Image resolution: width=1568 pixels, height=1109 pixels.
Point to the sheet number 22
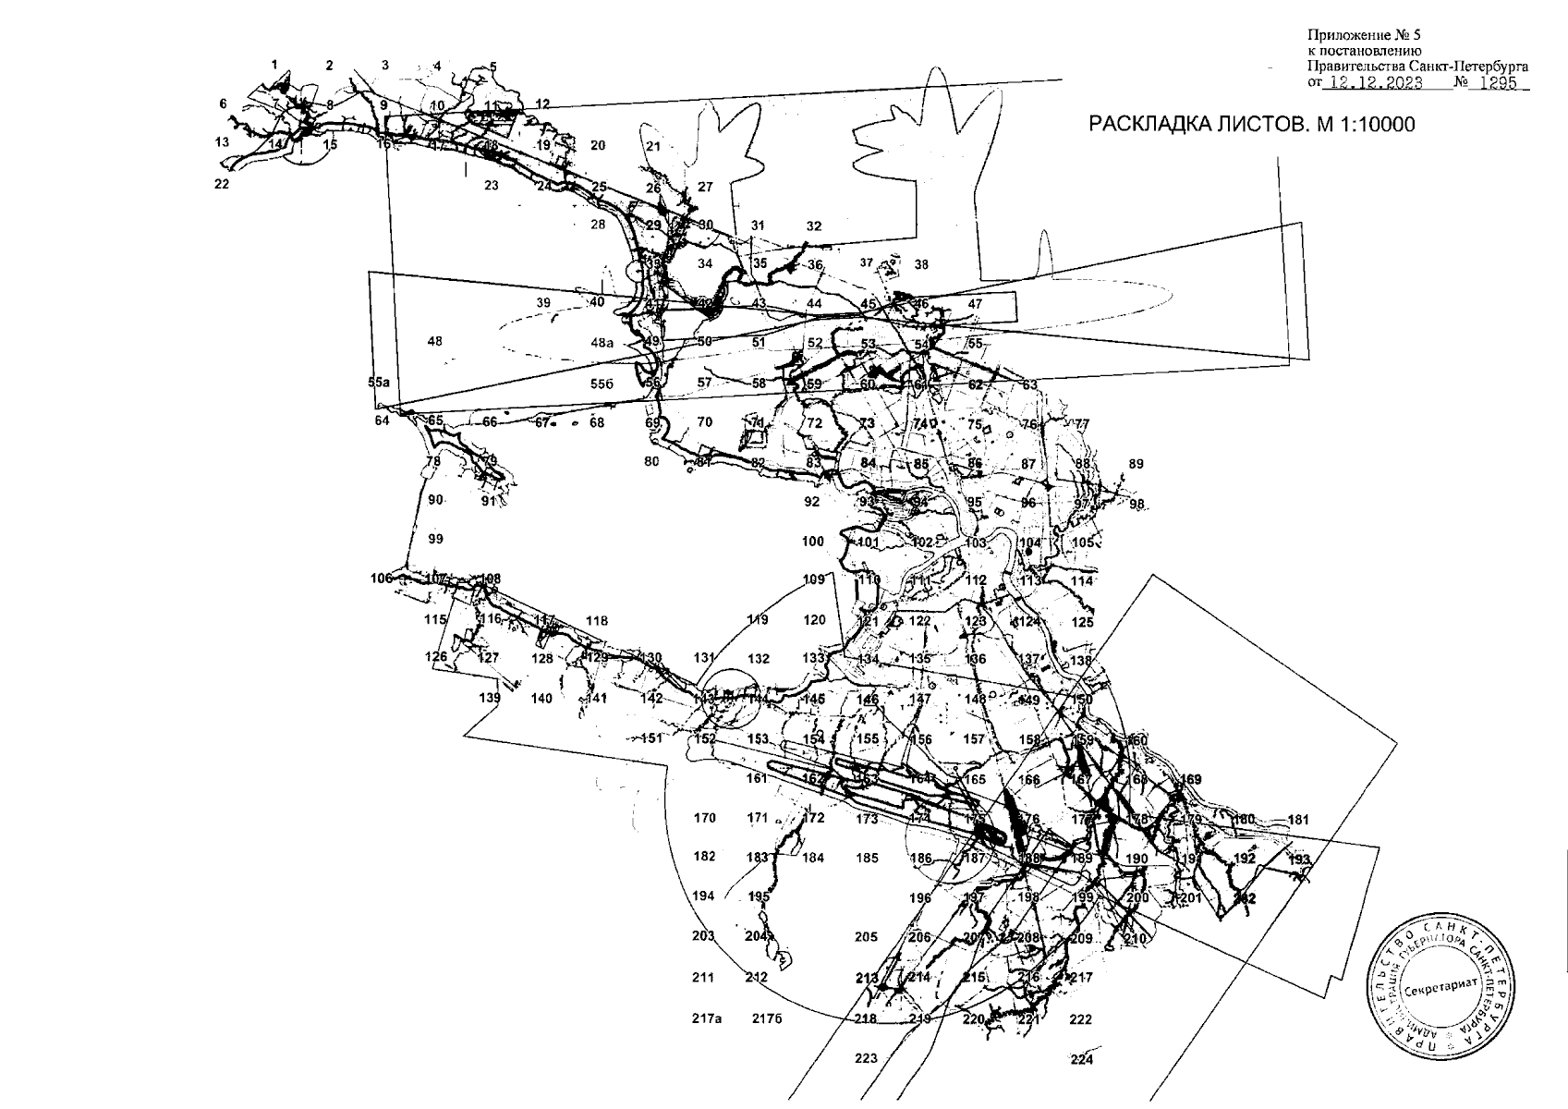[x=222, y=184]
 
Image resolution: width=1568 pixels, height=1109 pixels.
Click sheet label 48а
[x=602, y=343]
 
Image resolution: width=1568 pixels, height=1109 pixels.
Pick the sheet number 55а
[x=379, y=381]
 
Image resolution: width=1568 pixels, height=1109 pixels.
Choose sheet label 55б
[x=602, y=383]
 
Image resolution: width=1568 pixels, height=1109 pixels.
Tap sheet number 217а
[x=706, y=1019]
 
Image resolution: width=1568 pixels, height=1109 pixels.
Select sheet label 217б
[x=767, y=1019]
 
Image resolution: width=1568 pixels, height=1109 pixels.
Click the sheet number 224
[x=1081, y=1059]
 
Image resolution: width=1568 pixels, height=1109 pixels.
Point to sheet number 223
[x=866, y=1058]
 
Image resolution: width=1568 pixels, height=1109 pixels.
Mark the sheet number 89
[x=1136, y=464]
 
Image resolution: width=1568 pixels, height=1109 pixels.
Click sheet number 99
[x=436, y=539]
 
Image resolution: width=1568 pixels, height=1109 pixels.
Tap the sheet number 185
[x=867, y=858]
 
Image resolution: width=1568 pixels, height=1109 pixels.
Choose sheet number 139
[x=490, y=698]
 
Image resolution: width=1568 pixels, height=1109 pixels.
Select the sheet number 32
[x=813, y=225]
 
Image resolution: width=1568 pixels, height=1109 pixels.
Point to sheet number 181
[x=1298, y=819]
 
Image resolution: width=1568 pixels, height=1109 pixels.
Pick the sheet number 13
[x=222, y=142]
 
